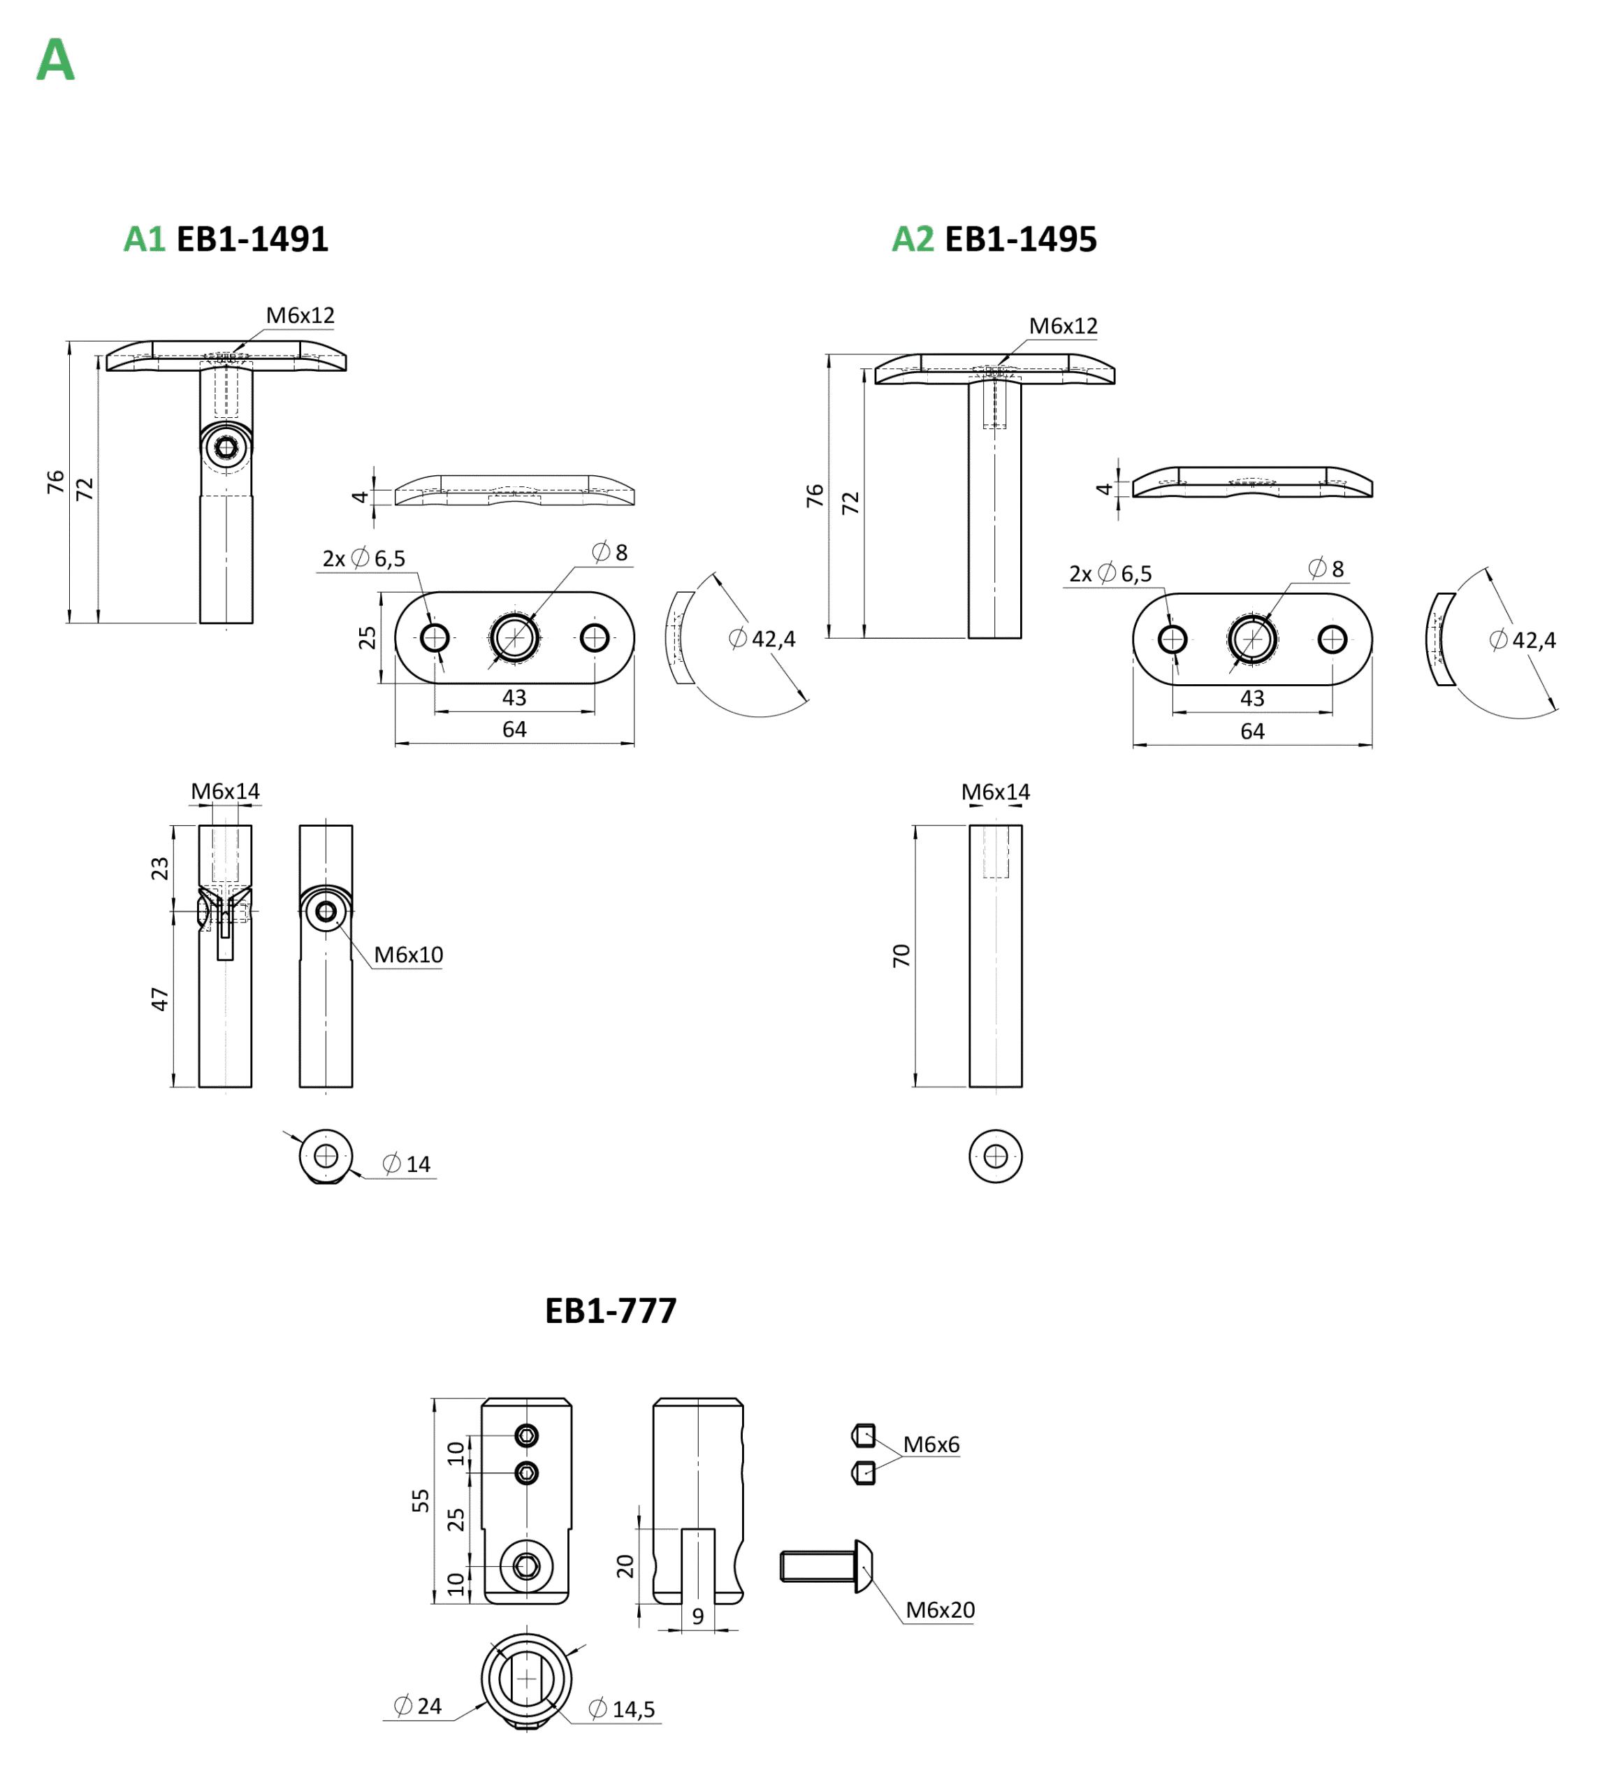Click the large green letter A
click(x=55, y=61)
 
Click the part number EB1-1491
click(x=252, y=239)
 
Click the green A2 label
click(x=913, y=239)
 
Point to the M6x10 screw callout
click(x=407, y=955)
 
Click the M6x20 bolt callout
click(x=939, y=1610)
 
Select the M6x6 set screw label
click(x=931, y=1444)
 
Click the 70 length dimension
click(x=901, y=955)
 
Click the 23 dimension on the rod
click(x=159, y=867)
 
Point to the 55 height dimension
click(x=421, y=1500)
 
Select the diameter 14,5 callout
click(x=625, y=1709)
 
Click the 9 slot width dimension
click(x=698, y=1616)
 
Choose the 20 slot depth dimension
click(x=625, y=1566)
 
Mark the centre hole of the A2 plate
click(x=1251, y=639)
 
